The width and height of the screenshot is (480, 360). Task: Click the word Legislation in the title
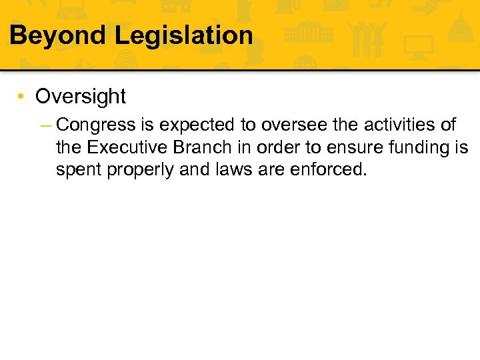coord(184,35)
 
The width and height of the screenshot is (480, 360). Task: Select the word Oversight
coord(80,97)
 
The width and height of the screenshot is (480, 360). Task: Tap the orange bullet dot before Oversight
coord(22,97)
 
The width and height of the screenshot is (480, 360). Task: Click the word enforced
coord(328,170)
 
